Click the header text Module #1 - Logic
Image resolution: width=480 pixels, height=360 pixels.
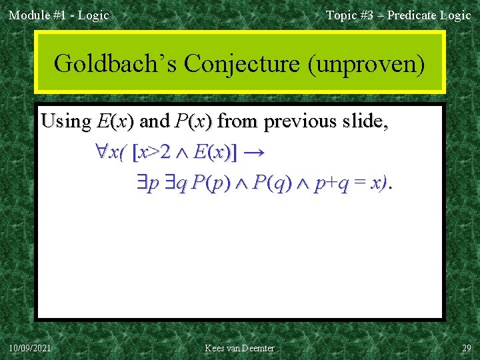coord(59,15)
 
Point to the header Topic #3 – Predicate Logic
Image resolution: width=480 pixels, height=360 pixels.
coord(398,15)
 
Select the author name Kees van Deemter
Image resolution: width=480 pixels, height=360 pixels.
coord(240,348)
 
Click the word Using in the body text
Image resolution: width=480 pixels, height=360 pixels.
coord(66,121)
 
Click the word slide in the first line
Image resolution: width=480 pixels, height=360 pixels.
coord(366,121)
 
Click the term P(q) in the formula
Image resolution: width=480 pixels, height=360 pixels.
coord(269,183)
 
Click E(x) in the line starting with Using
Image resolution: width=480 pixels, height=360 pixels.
coord(115,121)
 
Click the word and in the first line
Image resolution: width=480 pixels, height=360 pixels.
coord(155,121)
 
